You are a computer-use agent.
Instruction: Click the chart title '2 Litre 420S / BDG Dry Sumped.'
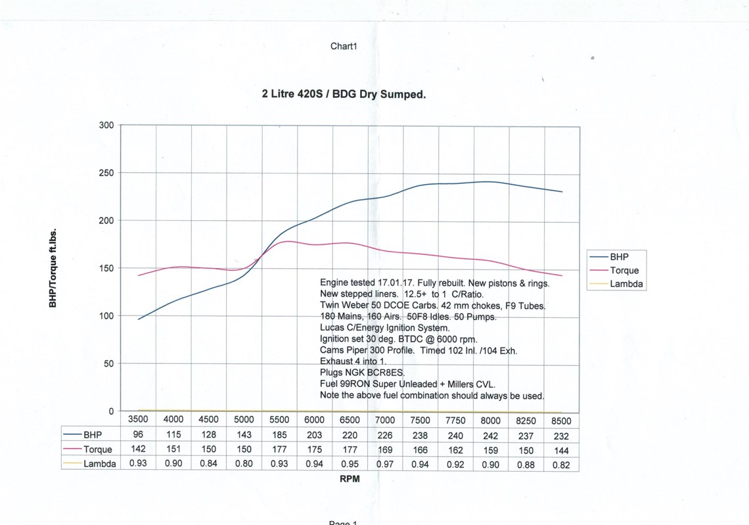[x=344, y=94]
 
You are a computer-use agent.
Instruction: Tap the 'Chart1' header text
[x=343, y=46]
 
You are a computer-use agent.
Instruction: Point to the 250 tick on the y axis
[x=106, y=173]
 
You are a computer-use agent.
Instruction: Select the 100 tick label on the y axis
[x=106, y=316]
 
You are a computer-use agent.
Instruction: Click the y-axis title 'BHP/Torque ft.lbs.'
[x=53, y=269]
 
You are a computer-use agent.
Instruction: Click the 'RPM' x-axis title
[x=350, y=479]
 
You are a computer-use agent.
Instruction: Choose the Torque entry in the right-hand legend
[x=624, y=270]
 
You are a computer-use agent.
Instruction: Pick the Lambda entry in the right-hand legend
[x=626, y=284]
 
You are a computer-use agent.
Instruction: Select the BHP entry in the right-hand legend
[x=619, y=257]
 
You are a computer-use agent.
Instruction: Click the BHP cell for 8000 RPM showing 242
[x=490, y=436]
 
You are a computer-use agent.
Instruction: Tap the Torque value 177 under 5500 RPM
[x=279, y=450]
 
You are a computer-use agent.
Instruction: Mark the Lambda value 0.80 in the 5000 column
[x=244, y=465]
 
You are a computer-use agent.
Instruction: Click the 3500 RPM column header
[x=138, y=421]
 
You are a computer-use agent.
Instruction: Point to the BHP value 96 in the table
[x=138, y=435]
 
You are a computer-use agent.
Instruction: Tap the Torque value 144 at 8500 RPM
[x=560, y=450]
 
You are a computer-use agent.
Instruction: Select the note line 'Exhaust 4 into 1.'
[x=353, y=361]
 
